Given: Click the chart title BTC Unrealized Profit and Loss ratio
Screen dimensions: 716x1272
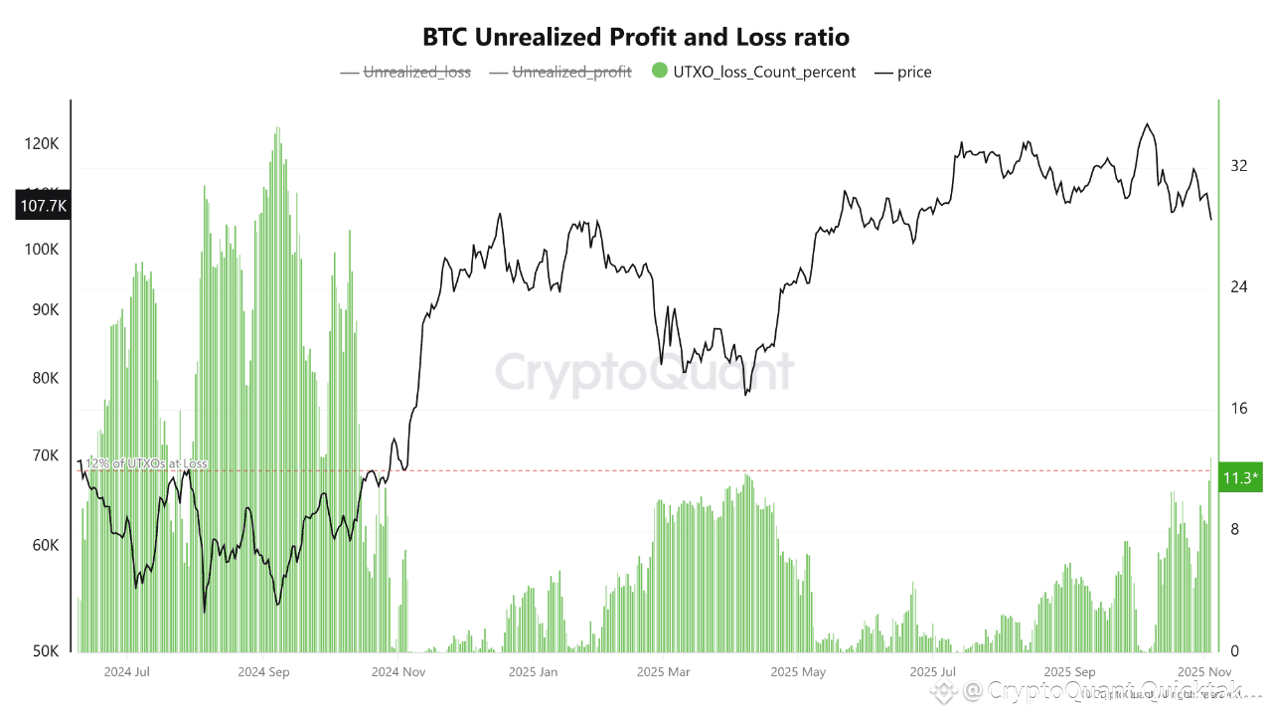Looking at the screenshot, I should (x=636, y=38).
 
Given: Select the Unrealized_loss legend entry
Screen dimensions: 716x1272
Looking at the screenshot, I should (x=417, y=72).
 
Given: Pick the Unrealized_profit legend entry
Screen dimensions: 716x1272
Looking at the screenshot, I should (x=571, y=72).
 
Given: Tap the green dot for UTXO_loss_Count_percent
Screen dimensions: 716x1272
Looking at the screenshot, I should (x=659, y=72).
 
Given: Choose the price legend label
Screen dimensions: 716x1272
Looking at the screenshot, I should (x=914, y=72).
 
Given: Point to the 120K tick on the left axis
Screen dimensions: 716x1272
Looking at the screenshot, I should (x=42, y=144).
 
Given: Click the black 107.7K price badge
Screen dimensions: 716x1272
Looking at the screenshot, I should (x=43, y=206).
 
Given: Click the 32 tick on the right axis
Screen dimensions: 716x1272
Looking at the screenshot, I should (x=1238, y=166).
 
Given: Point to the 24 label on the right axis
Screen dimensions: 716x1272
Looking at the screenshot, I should (x=1238, y=287).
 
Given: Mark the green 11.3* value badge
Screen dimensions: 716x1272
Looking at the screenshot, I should (x=1241, y=478).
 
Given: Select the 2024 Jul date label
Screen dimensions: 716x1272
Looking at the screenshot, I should (x=127, y=671).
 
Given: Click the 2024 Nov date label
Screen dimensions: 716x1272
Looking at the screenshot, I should (x=397, y=671).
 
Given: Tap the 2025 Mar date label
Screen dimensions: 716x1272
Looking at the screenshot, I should (x=664, y=671).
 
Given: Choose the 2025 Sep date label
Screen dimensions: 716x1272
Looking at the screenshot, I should (x=1068, y=671).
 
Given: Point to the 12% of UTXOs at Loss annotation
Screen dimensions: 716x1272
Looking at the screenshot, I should (x=145, y=463).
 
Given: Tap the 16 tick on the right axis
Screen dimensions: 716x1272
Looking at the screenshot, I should (x=1238, y=409).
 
